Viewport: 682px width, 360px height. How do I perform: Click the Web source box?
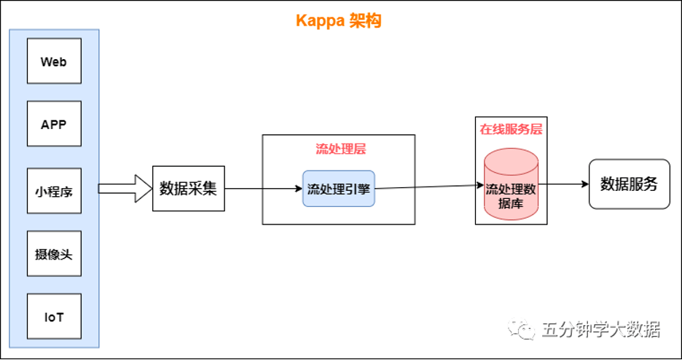tap(54, 61)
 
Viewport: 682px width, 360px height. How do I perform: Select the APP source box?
tap(54, 123)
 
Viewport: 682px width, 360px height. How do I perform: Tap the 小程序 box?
tap(54, 191)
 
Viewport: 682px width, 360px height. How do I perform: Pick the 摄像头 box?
tap(54, 254)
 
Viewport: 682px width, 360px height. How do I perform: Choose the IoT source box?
tap(54, 316)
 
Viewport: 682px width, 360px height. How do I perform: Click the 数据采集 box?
tap(188, 188)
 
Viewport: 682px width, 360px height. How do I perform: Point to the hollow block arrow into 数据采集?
tap(125, 188)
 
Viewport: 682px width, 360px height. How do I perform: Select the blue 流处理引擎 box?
tap(338, 188)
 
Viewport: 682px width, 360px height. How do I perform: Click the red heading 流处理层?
tap(340, 149)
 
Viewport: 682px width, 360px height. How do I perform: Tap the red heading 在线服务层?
tap(511, 129)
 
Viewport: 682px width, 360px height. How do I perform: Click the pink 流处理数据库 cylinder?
tap(511, 184)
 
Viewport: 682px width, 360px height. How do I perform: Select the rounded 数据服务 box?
tap(630, 184)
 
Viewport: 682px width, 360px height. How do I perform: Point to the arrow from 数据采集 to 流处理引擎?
tap(264, 188)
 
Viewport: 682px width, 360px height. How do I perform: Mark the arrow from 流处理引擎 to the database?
tap(429, 187)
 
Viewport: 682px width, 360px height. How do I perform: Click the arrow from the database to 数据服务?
tap(564, 184)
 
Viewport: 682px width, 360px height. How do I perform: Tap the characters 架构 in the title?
tap(365, 20)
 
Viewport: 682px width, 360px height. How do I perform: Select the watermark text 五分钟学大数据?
tap(600, 329)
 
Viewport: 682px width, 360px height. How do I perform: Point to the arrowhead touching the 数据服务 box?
tap(585, 184)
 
